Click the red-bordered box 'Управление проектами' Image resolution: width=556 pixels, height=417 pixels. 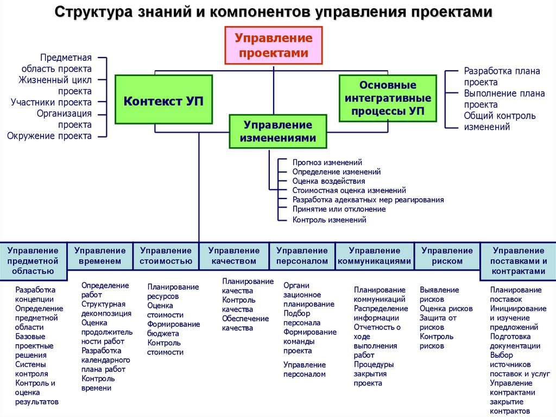coord(274,46)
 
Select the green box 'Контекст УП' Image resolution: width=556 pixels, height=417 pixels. coord(163,101)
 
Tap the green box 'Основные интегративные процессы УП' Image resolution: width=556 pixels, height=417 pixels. coord(388,98)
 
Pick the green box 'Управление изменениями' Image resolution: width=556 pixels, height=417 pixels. coord(278,132)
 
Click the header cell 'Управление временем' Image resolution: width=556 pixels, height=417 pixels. coord(100,256)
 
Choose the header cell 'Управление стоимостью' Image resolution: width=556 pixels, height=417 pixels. coord(166,256)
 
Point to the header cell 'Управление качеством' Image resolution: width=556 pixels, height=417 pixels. coord(234,256)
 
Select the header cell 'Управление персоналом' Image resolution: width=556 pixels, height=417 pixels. coord(302,256)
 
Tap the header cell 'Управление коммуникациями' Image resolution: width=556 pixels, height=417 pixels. coord(375,256)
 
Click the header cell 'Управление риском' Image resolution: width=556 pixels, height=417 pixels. coord(447,256)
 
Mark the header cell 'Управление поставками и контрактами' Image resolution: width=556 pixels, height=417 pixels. coord(518,260)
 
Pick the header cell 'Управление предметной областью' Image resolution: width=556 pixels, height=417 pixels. coord(33,260)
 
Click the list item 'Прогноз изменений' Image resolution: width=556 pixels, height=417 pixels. coord(327,162)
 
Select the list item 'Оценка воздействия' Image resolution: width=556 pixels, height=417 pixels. coord(328,181)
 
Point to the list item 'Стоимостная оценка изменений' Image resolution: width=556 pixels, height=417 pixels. coord(349,190)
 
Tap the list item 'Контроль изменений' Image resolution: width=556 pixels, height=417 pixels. coord(329,220)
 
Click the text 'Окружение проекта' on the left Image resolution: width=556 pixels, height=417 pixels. coord(49,136)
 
